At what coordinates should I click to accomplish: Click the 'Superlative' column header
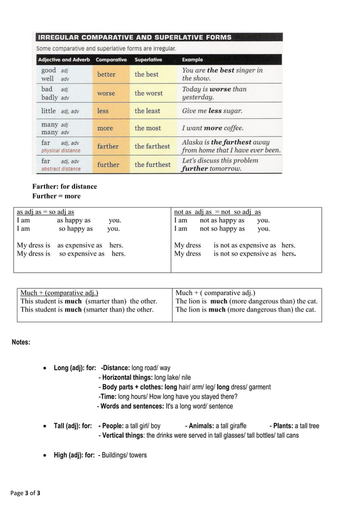tap(148, 59)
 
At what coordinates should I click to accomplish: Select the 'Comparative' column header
tap(111, 59)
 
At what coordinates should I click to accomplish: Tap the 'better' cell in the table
tap(106, 74)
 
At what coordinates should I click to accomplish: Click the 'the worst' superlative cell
tap(148, 93)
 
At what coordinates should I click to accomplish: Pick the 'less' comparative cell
tap(103, 111)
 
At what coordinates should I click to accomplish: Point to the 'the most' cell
tap(147, 128)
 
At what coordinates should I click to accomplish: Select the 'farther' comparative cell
tap(108, 146)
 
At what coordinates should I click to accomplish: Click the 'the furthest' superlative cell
tap(152, 165)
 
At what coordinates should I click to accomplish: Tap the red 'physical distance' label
tap(61, 151)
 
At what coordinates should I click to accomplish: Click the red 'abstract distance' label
tap(61, 169)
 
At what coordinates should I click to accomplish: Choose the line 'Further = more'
tap(56, 196)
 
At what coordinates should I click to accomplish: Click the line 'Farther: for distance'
tap(64, 187)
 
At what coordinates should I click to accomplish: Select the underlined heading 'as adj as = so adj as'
tap(45, 212)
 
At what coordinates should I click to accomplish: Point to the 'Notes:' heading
tap(21, 343)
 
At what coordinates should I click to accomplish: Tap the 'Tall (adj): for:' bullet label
tap(73, 426)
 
